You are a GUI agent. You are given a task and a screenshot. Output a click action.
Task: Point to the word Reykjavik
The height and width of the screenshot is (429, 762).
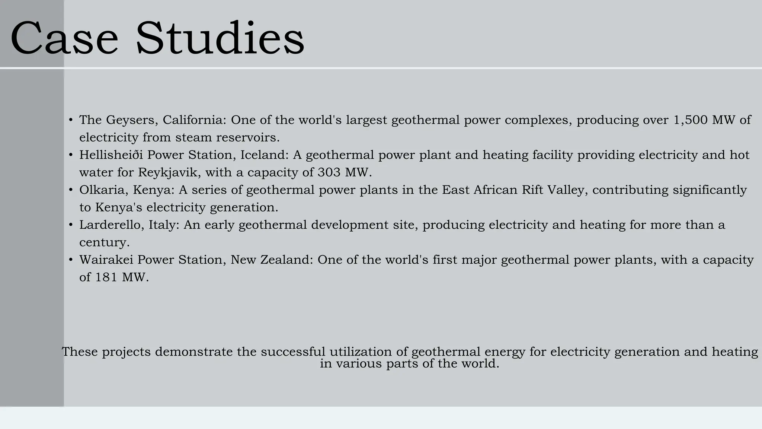coord(169,172)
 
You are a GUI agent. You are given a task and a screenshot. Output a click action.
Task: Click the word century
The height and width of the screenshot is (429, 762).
coord(104,243)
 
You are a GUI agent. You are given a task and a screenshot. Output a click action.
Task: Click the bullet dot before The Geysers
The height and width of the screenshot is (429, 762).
coord(71,120)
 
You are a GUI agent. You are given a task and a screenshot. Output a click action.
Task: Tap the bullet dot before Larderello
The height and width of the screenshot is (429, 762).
coord(71,225)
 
